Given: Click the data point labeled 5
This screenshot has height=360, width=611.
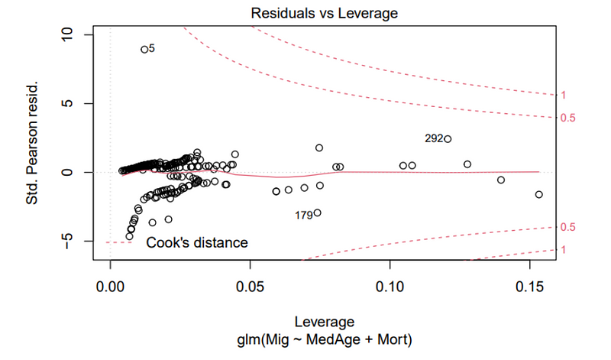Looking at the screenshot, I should click(x=144, y=50).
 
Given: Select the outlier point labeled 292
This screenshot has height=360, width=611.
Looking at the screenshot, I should click(x=448, y=139).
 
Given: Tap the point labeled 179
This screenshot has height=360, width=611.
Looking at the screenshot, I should click(x=317, y=212).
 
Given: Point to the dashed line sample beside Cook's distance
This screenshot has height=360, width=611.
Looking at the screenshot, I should click(x=115, y=242).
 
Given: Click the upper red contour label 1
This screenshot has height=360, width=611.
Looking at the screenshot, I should click(x=563, y=96).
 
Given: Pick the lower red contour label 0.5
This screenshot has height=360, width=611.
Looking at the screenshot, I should click(x=567, y=227).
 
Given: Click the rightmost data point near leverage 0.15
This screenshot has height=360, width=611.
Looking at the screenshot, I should click(x=539, y=194).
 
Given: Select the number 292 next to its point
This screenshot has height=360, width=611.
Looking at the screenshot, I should click(x=434, y=139).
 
